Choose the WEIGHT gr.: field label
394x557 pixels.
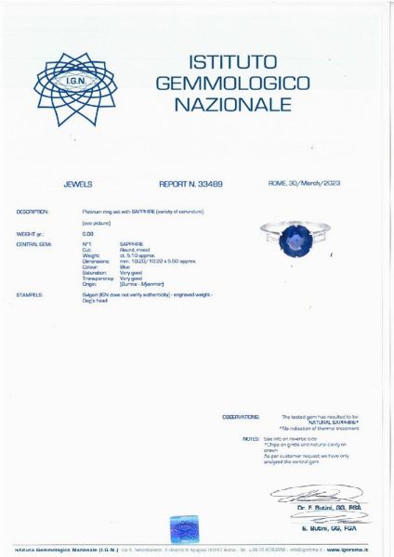click(x=30, y=234)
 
